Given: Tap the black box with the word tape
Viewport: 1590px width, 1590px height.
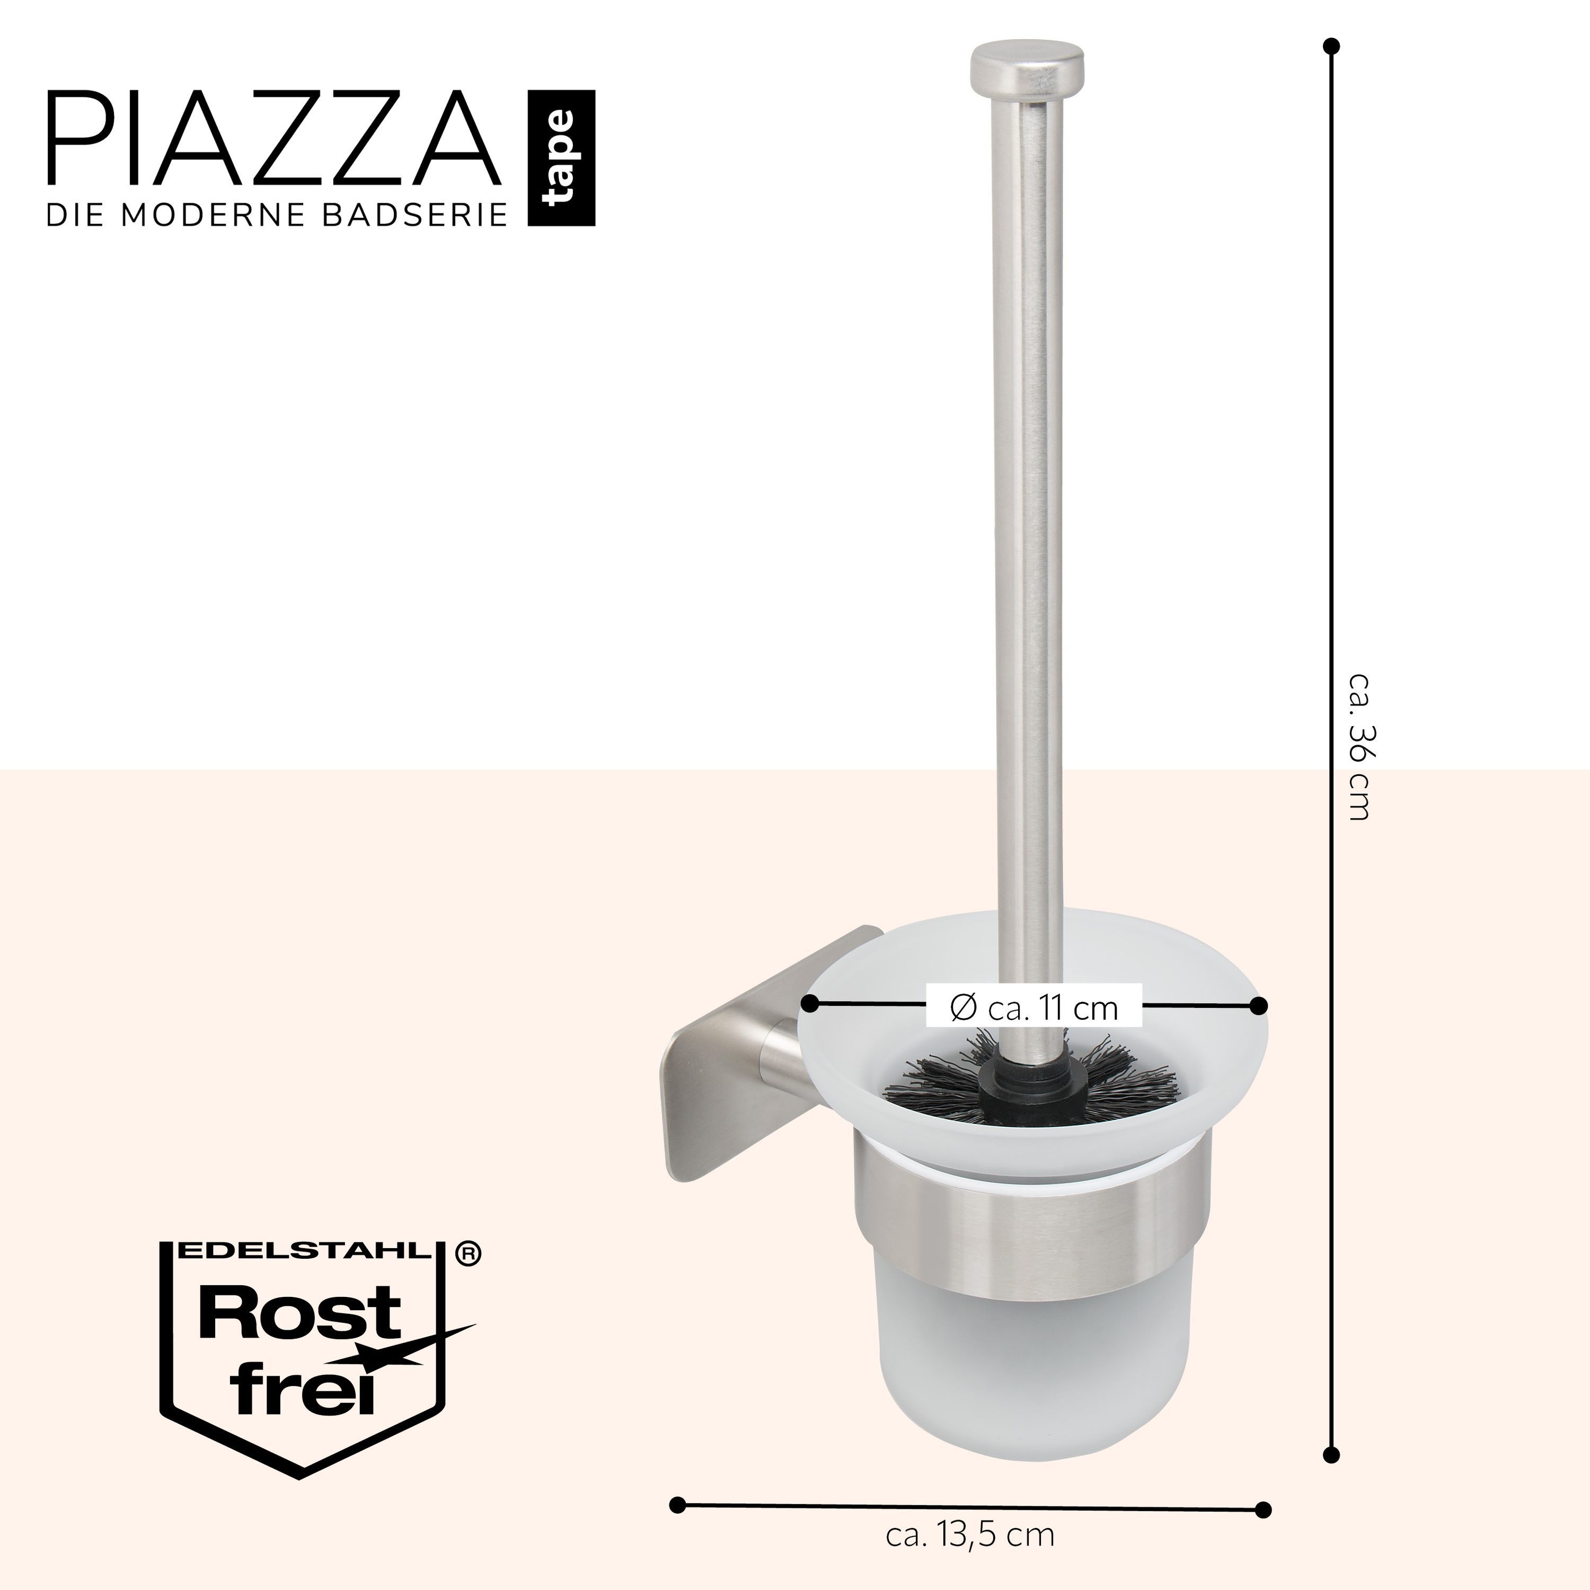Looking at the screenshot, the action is coord(561,158).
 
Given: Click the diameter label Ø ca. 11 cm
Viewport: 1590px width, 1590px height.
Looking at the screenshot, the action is coord(1035,1006).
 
